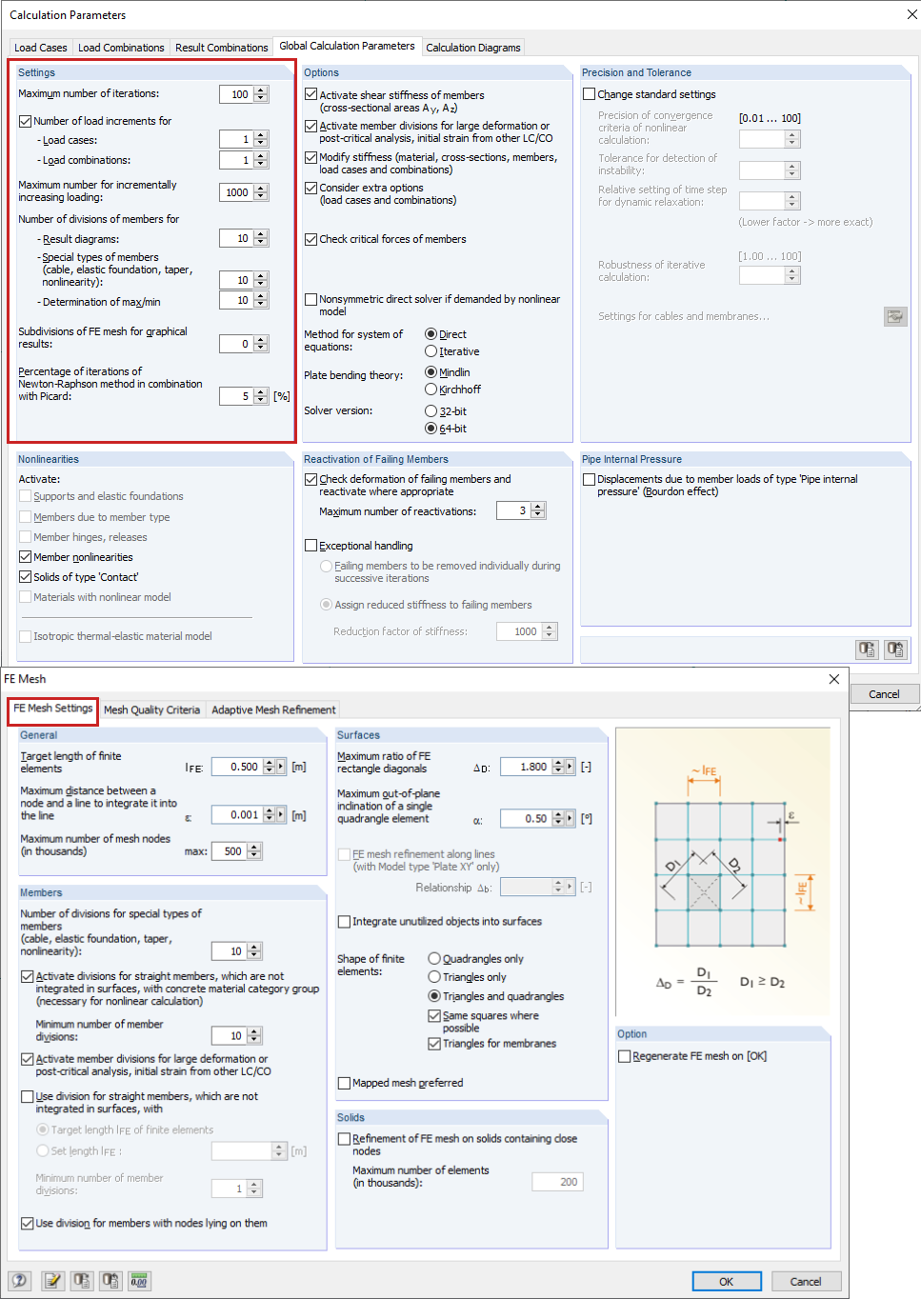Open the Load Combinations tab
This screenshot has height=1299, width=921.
point(121,48)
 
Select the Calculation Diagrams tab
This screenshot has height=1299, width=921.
point(472,48)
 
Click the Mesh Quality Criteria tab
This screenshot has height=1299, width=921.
point(151,709)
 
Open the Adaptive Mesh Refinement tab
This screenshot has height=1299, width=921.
point(273,709)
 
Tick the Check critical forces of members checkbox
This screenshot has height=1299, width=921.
point(311,239)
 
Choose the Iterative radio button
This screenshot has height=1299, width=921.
point(431,351)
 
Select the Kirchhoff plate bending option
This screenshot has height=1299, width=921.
point(431,390)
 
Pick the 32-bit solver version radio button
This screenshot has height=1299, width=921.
point(431,411)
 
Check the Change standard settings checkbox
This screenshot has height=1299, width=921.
point(590,94)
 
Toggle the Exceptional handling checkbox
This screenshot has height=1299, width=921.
point(311,546)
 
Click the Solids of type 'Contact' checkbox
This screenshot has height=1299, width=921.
point(26,577)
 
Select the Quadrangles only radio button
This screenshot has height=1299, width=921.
point(434,959)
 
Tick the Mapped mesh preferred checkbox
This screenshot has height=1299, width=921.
point(345,1083)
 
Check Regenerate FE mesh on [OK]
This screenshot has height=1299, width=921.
point(625,1056)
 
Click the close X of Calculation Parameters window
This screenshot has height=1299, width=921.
point(911,15)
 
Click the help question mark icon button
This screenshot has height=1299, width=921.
point(19,1281)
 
